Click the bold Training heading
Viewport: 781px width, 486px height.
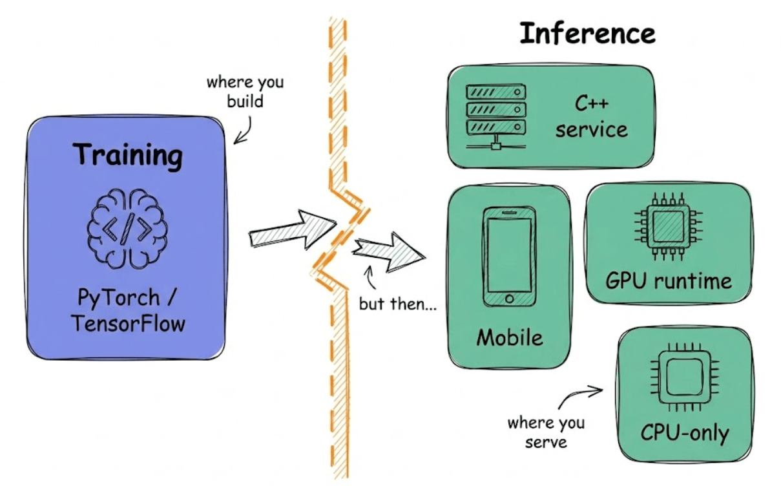click(x=127, y=156)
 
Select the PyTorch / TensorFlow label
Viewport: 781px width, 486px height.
click(x=127, y=310)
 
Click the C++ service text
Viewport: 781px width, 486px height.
click(x=591, y=117)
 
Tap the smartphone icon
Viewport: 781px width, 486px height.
click(x=509, y=257)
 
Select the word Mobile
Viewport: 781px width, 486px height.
click(x=509, y=337)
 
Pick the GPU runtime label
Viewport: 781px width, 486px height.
click(x=669, y=280)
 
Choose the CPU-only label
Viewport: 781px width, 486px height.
click(x=684, y=432)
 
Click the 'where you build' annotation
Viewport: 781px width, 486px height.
click(x=245, y=92)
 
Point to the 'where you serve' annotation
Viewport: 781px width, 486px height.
click(x=545, y=432)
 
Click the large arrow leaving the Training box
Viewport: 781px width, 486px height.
click(x=291, y=230)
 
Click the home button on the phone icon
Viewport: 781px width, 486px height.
click(x=509, y=299)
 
